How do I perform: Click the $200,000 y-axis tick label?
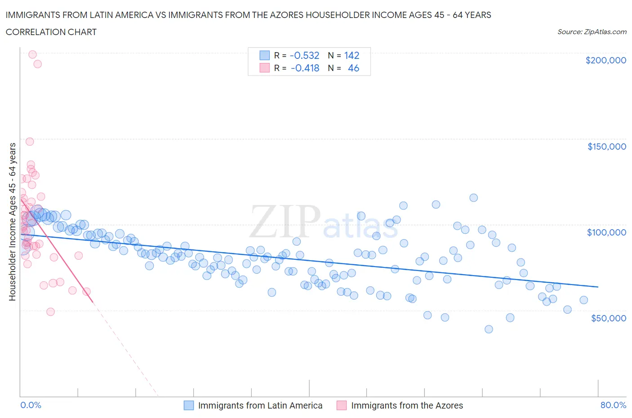(x=605, y=60)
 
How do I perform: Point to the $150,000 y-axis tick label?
(x=606, y=147)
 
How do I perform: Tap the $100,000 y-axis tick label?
(x=606, y=232)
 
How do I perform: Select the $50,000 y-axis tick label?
(x=608, y=318)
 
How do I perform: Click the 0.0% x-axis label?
(x=31, y=405)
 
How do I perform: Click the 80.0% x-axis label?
(x=613, y=405)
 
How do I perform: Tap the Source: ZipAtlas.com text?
(x=592, y=32)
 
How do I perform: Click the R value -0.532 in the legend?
(x=304, y=55)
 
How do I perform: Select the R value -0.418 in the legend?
(x=305, y=68)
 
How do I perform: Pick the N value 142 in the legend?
(x=352, y=55)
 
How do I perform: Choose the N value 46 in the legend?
(x=353, y=68)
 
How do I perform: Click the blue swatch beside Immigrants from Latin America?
(x=189, y=405)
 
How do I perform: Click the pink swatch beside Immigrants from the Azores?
(x=342, y=405)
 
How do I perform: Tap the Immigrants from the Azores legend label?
(x=407, y=405)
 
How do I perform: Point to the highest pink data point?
(x=32, y=54)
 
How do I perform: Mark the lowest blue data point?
(x=489, y=329)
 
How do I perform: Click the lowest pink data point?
(x=50, y=312)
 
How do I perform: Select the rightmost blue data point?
(x=583, y=300)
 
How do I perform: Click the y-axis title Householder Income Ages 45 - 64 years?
(x=12, y=222)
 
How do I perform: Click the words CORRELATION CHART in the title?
(x=51, y=32)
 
